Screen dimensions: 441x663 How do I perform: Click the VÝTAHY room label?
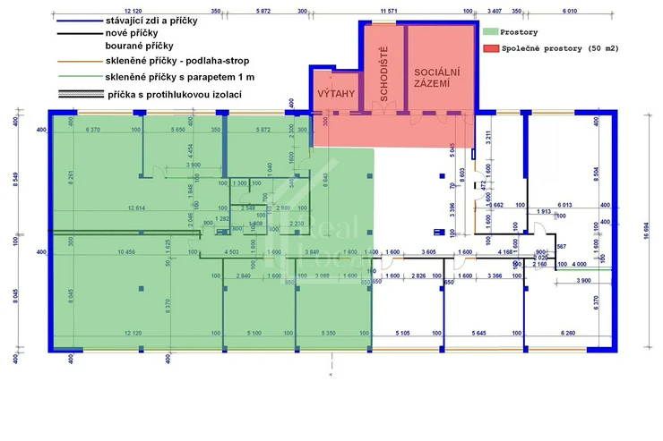pyautogui.click(x=336, y=93)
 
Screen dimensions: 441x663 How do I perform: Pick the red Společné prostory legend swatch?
pyautogui.click(x=488, y=47)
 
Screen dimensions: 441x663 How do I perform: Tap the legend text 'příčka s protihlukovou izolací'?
pyautogui.click(x=174, y=93)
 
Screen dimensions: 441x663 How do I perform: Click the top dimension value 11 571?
pyautogui.click(x=389, y=13)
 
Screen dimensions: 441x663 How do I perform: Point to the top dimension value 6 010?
pyautogui.click(x=569, y=13)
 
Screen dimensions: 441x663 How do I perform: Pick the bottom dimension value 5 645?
pyautogui.click(x=484, y=334)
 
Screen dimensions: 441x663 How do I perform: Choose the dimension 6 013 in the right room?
pyautogui.click(x=564, y=205)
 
